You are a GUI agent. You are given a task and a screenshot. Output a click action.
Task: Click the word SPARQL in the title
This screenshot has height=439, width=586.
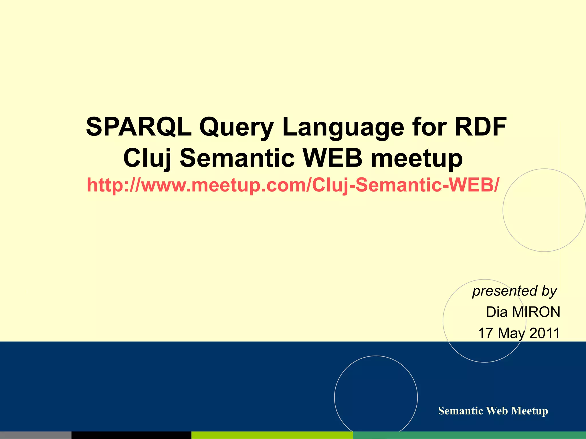click(138, 127)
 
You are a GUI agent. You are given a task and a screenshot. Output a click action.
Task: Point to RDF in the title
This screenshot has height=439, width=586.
click(481, 127)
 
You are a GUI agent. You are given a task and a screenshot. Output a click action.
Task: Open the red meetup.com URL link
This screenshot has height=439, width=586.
click(293, 185)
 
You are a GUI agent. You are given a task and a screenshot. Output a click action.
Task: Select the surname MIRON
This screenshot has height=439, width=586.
click(536, 312)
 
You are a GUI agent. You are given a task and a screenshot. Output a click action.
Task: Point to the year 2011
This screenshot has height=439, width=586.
click(544, 333)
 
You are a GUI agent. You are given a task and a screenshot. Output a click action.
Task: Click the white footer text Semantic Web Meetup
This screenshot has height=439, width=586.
click(493, 411)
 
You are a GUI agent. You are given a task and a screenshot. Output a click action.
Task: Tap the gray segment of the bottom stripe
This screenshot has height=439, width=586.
click(35, 435)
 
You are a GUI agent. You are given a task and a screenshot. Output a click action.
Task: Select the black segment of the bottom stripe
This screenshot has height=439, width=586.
click(131, 435)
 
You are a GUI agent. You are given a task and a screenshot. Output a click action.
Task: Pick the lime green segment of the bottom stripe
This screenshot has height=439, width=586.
click(272, 435)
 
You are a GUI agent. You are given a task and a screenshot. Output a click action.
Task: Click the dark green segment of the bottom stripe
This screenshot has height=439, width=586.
click(469, 435)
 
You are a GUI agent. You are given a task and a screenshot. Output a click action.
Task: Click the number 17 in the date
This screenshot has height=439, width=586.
click(485, 333)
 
